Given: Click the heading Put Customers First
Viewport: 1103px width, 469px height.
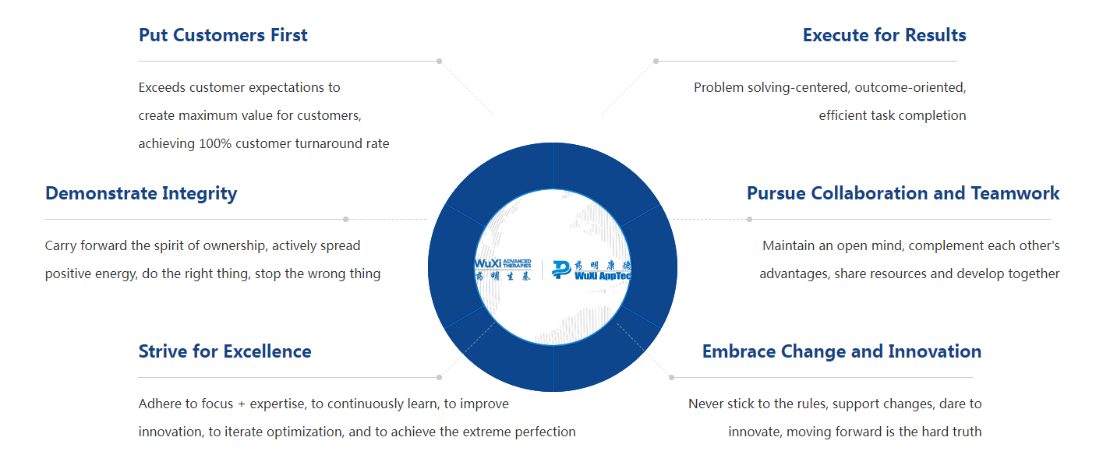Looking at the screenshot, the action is [223, 35].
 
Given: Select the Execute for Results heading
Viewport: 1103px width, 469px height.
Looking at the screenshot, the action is [885, 35].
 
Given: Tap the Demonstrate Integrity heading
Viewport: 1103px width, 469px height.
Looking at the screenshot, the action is [141, 194].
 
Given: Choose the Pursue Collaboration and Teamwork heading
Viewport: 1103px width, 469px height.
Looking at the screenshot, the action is [903, 193].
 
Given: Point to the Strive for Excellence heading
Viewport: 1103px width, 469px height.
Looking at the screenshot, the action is [224, 351].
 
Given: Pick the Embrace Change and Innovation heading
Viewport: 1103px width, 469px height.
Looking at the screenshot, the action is [842, 352].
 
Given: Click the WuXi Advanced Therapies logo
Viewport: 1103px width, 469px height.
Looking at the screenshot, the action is [503, 270].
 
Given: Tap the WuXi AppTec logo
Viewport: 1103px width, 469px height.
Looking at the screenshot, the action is [591, 270].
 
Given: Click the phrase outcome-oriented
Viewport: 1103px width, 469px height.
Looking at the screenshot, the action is [910, 87].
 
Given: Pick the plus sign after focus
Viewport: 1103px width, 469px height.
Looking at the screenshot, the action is [242, 404].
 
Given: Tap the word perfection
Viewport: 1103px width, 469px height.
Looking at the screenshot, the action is [545, 432].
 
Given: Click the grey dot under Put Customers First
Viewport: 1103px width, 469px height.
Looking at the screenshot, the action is [439, 62].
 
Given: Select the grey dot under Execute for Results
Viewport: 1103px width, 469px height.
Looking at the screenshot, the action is [656, 62].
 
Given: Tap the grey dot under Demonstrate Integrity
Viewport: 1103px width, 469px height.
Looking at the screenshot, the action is [345, 220].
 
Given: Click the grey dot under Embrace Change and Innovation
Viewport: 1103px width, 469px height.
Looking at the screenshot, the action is [672, 378].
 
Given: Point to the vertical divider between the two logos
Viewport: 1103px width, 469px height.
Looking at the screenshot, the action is [542, 270].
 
